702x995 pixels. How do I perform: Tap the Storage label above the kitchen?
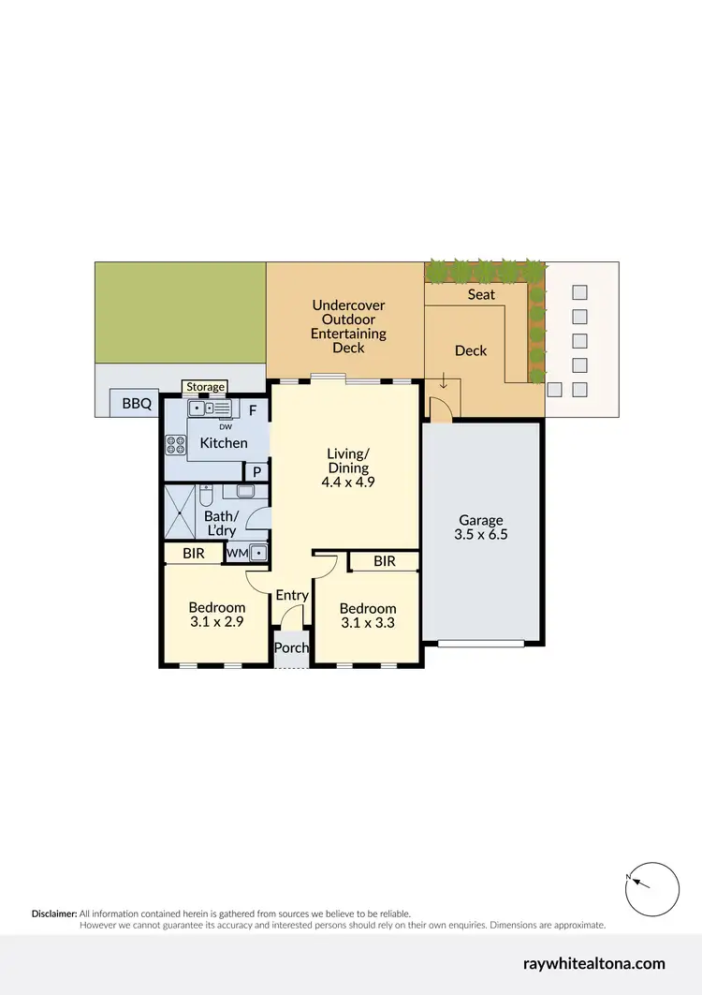205,387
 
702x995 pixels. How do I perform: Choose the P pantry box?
256,472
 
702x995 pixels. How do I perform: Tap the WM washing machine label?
236,554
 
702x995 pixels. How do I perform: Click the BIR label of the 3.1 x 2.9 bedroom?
194,554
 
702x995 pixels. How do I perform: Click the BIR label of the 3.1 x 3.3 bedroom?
384,561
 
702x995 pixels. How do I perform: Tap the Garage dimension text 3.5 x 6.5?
480,536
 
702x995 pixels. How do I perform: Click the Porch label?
290,648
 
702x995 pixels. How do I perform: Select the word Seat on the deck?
481,294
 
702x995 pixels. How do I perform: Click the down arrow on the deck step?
444,381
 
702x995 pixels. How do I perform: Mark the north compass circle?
652,888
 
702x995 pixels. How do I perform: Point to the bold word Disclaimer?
54,913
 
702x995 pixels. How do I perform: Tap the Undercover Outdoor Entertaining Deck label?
348,326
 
